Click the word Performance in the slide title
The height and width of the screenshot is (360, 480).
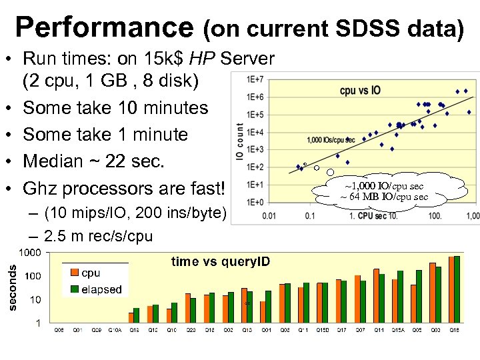tap(105, 27)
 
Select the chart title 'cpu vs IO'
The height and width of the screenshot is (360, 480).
tap(360, 90)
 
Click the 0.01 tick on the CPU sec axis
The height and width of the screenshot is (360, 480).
tap(269, 216)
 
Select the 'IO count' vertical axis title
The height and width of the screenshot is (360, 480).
tap(240, 141)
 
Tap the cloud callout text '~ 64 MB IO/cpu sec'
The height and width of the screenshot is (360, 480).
tap(385, 197)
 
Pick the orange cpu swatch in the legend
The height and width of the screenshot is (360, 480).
tap(73, 273)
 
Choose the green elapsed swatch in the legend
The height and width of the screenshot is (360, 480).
tap(73, 289)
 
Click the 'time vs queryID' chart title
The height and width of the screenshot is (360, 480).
tap(221, 262)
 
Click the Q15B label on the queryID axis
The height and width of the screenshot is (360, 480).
tap(323, 329)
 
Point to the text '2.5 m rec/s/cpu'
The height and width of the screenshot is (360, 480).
tap(98, 236)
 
